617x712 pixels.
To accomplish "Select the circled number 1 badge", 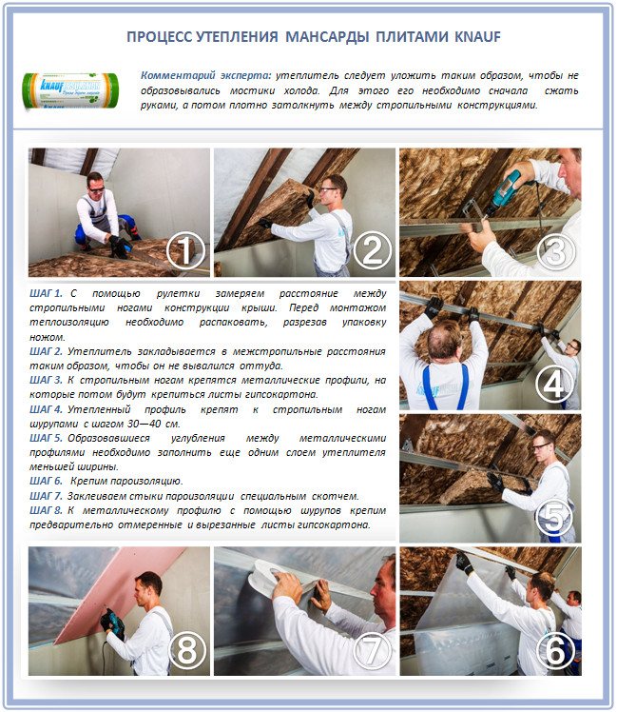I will point(185,251).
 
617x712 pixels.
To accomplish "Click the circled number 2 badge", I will point(372,250).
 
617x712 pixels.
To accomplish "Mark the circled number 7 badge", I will point(372,651).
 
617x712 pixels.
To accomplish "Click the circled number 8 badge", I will point(185,651).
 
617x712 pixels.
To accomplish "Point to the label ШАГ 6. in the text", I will point(47,481).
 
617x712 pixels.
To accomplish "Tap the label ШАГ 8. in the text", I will point(47,510).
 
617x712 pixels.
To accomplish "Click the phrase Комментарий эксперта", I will point(204,75).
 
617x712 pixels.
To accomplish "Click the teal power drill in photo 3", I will point(505,189).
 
